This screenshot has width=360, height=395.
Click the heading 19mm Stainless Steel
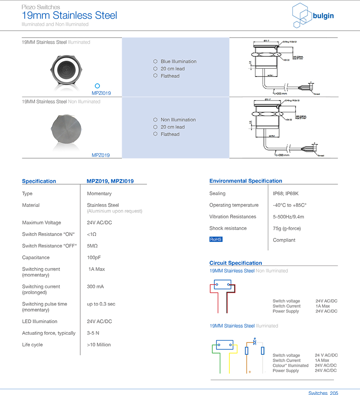[69, 16]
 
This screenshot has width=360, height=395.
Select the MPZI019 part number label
[101, 93]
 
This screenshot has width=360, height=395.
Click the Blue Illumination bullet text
[179, 62]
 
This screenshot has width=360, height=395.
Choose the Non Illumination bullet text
[178, 120]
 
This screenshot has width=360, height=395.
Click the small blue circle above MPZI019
[97, 86]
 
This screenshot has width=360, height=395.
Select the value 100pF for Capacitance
[94, 257]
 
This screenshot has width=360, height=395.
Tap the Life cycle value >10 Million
[99, 345]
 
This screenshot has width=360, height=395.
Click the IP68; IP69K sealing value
[286, 194]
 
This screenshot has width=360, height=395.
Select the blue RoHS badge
[216, 239]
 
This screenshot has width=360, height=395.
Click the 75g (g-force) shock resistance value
[287, 228]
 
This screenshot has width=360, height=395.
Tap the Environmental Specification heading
[246, 181]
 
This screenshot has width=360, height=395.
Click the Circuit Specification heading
[235, 263]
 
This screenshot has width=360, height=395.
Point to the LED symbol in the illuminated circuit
[255, 342]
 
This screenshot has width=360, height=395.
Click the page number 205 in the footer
[334, 392]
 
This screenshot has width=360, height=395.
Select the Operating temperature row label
[234, 205]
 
